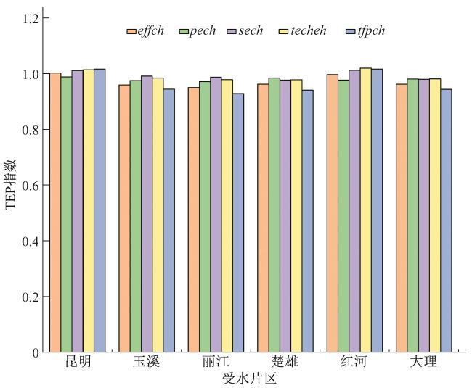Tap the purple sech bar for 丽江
pyautogui.click(x=216, y=215)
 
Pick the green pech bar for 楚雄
pyautogui.click(x=274, y=215)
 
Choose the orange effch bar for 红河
pyautogui.click(x=332, y=213)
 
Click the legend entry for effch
pyautogui.click(x=148, y=31)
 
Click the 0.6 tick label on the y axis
pyautogui.click(x=29, y=186)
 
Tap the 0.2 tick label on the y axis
pyautogui.click(x=29, y=297)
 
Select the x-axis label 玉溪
pyautogui.click(x=147, y=362)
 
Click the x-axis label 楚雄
pyautogui.click(x=285, y=362)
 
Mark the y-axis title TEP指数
pyautogui.click(x=10, y=185)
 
